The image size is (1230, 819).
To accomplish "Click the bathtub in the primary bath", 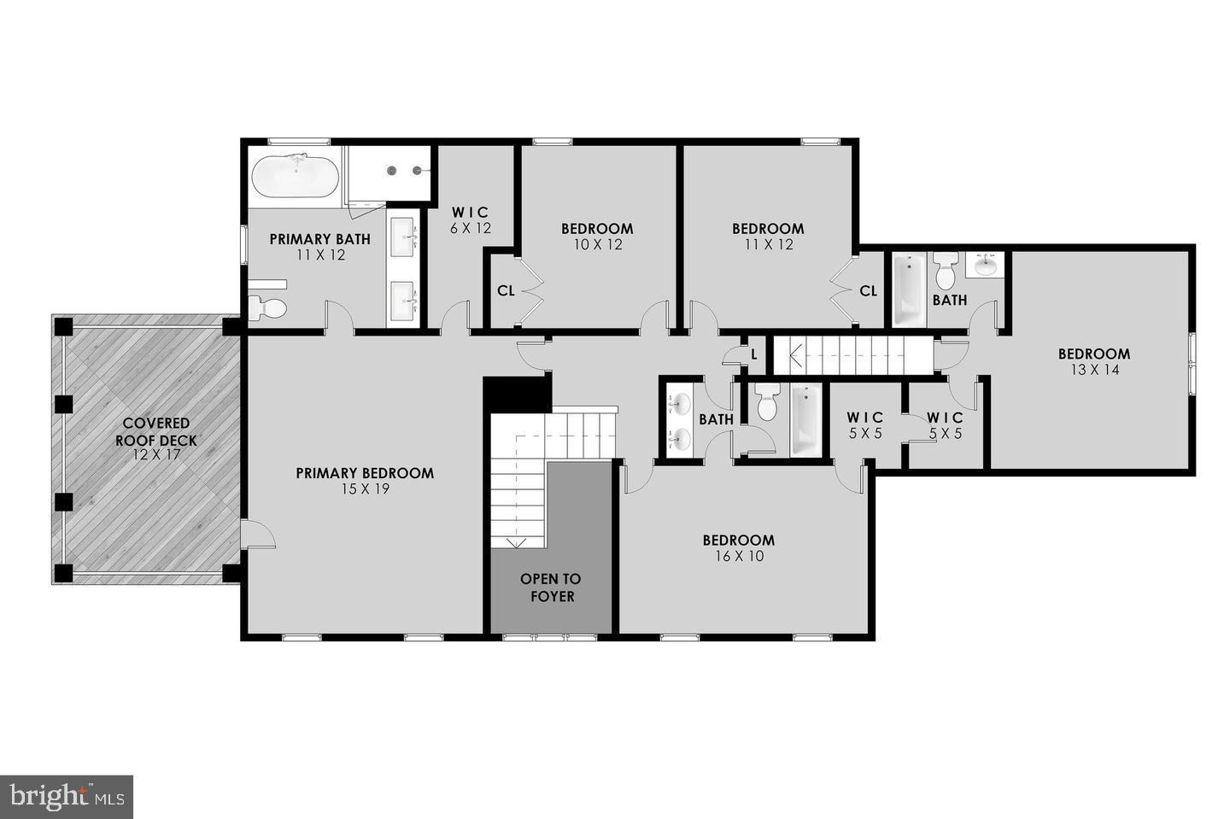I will (295, 176).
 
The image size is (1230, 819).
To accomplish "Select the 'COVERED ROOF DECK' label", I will (156, 432).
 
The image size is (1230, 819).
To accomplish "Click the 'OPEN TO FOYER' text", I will (552, 588).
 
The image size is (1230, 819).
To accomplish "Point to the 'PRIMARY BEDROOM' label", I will (365, 473).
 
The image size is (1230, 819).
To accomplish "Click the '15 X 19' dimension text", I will (365, 489).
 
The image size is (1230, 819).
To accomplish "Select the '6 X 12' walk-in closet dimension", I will (471, 228).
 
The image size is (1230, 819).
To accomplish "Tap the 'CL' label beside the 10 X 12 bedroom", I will (506, 291).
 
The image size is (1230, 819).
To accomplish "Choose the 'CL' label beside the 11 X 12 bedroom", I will (868, 291).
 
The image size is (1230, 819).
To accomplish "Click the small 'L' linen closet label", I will (753, 354).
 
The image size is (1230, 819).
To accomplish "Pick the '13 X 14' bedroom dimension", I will (1093, 370).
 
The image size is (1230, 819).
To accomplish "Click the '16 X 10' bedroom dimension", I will (739, 556).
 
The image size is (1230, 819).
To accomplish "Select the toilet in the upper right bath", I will (945, 271).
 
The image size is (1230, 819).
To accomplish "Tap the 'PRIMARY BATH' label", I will (319, 239).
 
